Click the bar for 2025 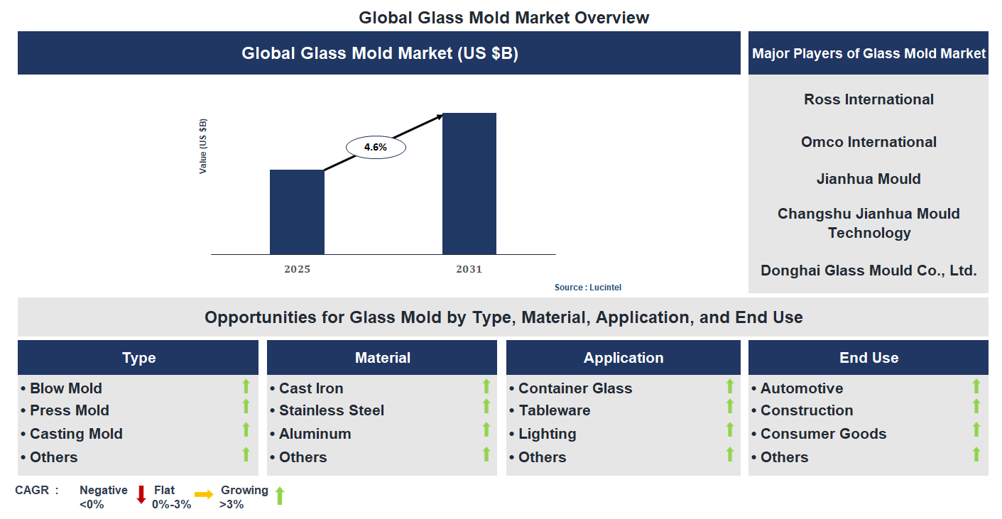click(x=297, y=212)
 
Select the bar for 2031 click(x=469, y=183)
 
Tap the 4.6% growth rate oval click(x=375, y=148)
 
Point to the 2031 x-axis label click(x=469, y=270)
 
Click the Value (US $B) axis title click(x=203, y=146)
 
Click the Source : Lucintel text click(x=588, y=288)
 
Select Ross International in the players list click(x=868, y=99)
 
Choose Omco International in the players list click(x=868, y=142)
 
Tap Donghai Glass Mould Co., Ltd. click(x=868, y=271)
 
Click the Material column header click(x=383, y=358)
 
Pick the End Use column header click(x=868, y=358)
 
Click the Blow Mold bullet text click(x=66, y=388)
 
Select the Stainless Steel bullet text click(x=331, y=410)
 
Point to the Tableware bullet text click(x=554, y=410)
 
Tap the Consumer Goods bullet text click(x=823, y=434)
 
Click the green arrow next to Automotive click(x=976, y=386)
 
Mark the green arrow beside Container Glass click(x=729, y=386)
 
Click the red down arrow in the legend click(x=141, y=494)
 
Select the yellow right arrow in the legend click(x=204, y=495)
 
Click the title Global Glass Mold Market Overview click(x=503, y=17)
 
